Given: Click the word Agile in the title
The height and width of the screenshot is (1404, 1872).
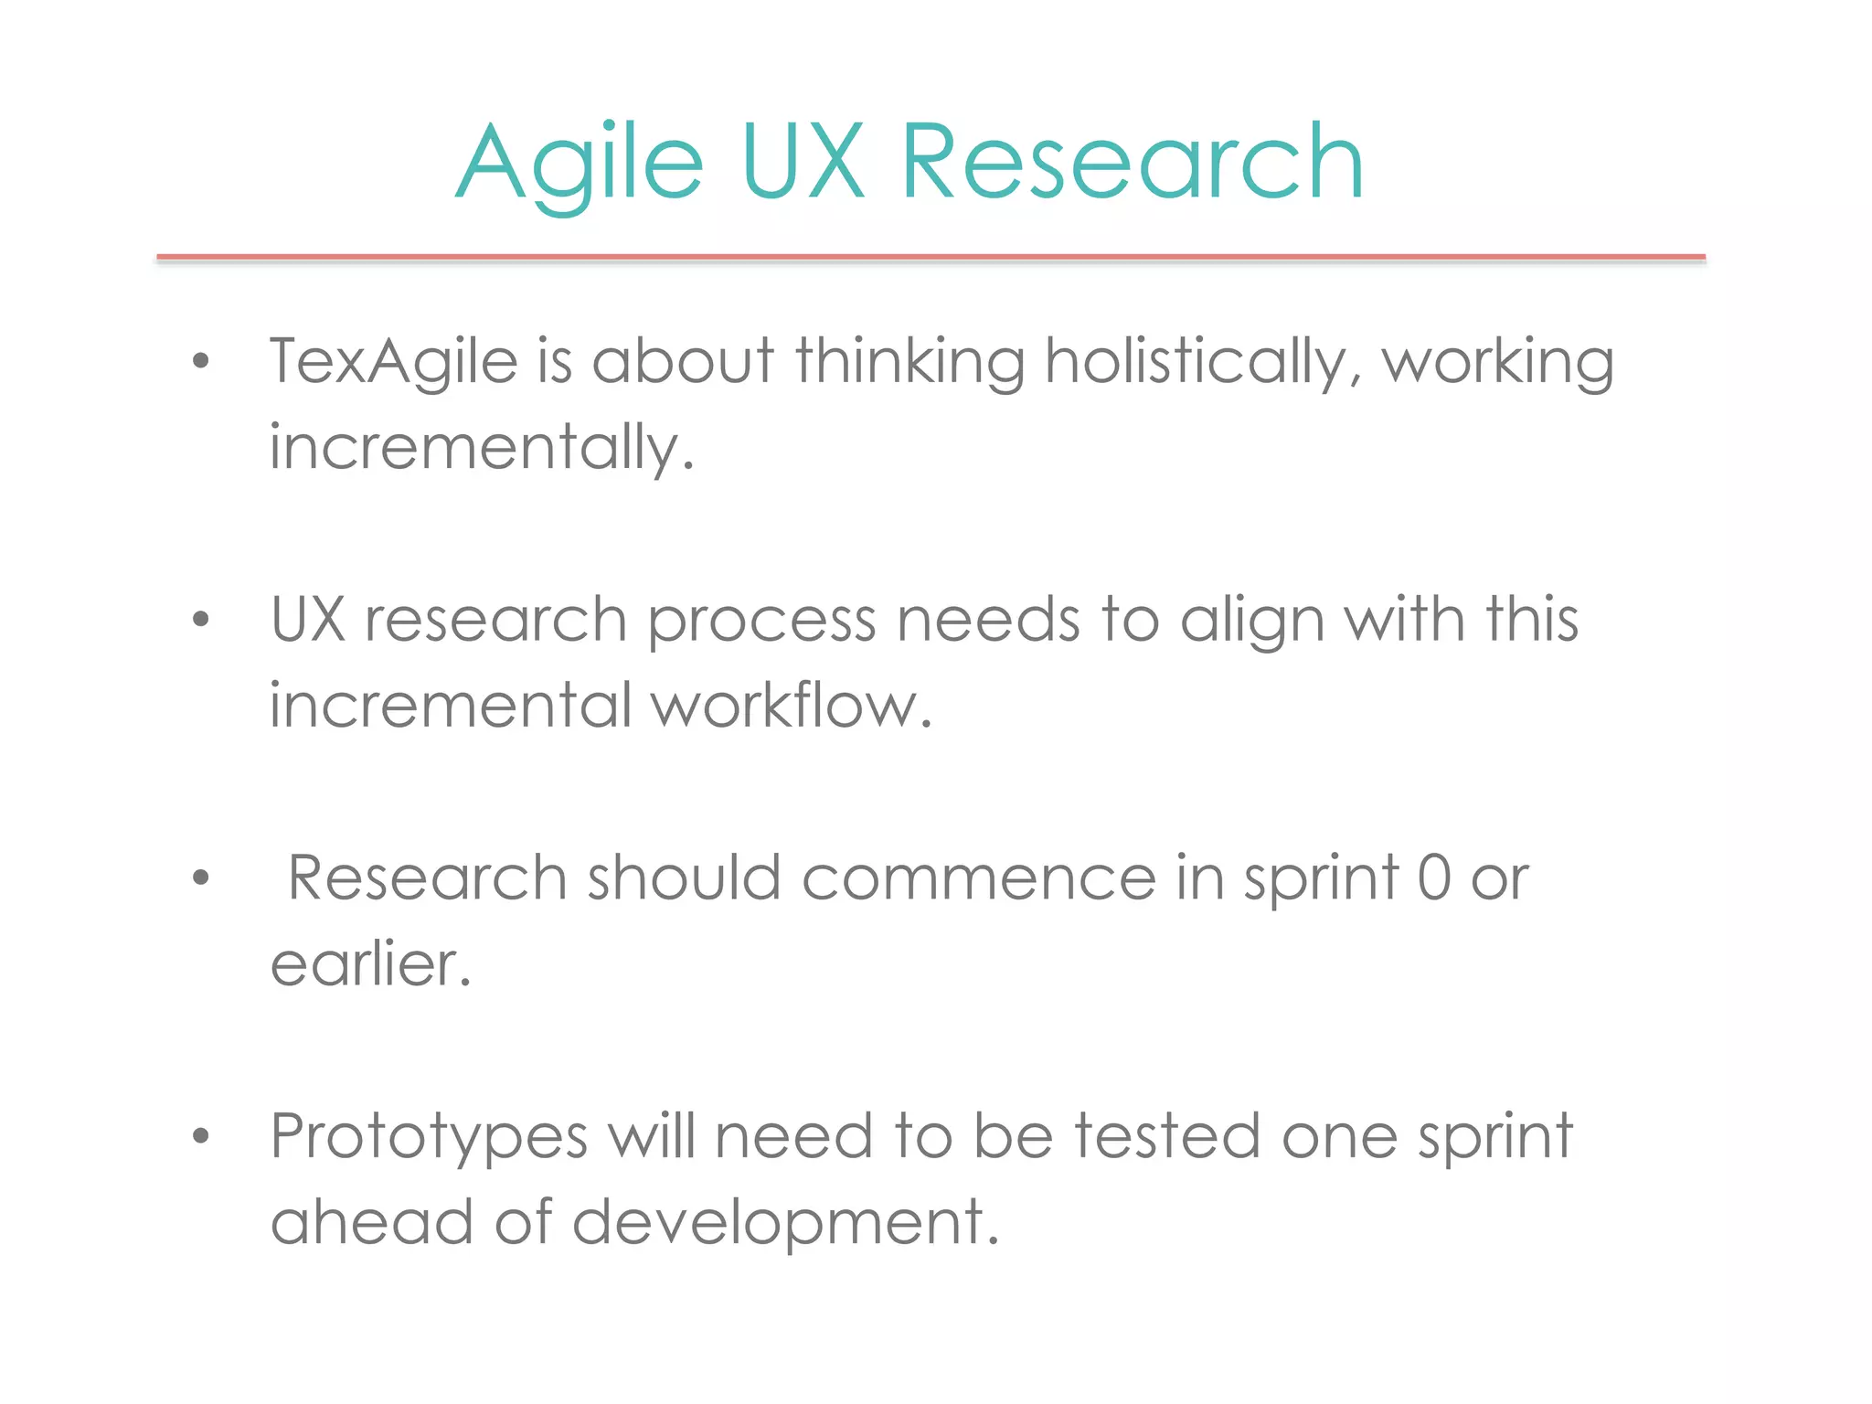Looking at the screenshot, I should pyautogui.click(x=580, y=165).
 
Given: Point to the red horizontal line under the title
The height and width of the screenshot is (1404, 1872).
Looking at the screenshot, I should pyautogui.click(x=931, y=258).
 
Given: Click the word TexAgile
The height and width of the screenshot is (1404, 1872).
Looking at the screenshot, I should pyautogui.click(x=394, y=363).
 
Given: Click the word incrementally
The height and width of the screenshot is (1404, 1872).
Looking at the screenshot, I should pyautogui.click(x=481, y=449).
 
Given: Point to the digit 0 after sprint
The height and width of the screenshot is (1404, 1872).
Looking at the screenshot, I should pyautogui.click(x=1434, y=878).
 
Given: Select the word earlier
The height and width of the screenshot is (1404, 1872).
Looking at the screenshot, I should pyautogui.click(x=370, y=965).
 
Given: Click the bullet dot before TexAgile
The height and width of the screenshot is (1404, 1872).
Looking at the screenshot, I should pyautogui.click(x=201, y=362).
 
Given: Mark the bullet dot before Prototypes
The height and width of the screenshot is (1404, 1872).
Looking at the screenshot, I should pyautogui.click(x=201, y=1136).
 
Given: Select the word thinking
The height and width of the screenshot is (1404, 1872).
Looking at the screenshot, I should pyautogui.click(x=909, y=363).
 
